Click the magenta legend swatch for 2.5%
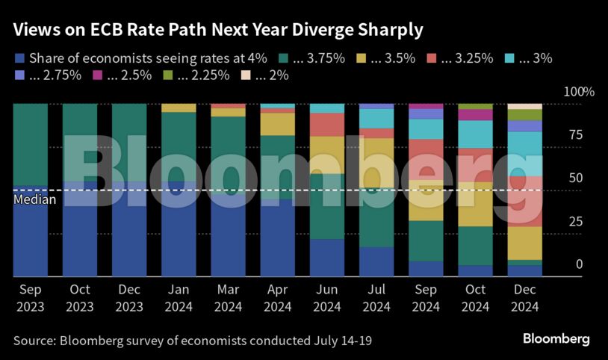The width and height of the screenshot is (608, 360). pyautogui.click(x=96, y=75)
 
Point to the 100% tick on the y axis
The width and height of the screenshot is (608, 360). pyautogui.click(x=576, y=93)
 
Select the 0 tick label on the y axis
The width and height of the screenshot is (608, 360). pyautogui.click(x=576, y=264)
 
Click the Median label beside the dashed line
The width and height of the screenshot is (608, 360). pyautogui.click(x=31, y=200)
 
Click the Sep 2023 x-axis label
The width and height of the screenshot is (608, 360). pyautogui.click(x=30, y=297)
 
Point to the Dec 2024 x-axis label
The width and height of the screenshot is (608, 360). pyautogui.click(x=524, y=297)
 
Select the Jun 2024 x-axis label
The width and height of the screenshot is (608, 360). pyautogui.click(x=326, y=297)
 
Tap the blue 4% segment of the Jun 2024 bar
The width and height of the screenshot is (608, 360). pyautogui.click(x=326, y=257)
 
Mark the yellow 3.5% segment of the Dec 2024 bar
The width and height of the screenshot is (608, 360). pyautogui.click(x=524, y=243)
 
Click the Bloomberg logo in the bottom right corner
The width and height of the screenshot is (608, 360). pyautogui.click(x=556, y=339)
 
